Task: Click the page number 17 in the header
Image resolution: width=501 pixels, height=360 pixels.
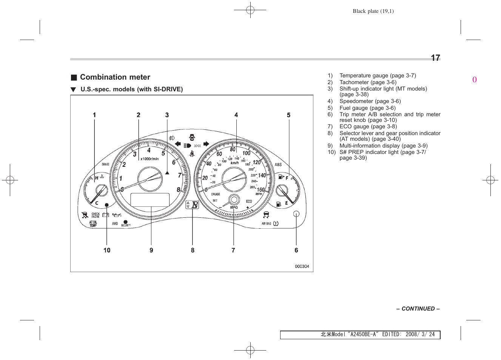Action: pos(435,58)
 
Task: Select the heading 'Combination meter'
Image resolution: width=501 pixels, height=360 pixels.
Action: pos(115,77)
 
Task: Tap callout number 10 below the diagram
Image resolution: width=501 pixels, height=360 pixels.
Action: pos(107,250)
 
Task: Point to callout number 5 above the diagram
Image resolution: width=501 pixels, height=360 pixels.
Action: pos(288,115)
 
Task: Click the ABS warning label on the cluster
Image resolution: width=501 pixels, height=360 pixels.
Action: pos(278,165)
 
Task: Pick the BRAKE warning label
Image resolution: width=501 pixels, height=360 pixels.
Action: pos(105,164)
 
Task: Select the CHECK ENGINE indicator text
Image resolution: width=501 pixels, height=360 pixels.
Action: pos(96,215)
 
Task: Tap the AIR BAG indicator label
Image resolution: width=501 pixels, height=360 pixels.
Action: pos(266,223)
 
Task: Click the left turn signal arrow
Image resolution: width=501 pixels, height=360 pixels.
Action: pos(178,144)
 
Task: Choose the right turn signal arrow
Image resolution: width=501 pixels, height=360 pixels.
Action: pos(206,144)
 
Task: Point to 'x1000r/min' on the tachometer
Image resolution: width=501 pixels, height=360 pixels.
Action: pos(150,159)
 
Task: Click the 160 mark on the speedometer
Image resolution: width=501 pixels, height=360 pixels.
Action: pos(261,189)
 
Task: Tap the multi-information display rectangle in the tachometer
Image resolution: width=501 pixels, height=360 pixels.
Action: pos(150,200)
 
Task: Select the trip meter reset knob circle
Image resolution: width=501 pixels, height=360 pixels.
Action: pos(296,214)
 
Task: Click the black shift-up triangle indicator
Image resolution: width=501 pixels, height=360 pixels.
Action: pos(167,173)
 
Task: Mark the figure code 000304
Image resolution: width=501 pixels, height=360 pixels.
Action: pos(302,266)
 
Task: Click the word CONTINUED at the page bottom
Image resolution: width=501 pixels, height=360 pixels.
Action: pos(418,309)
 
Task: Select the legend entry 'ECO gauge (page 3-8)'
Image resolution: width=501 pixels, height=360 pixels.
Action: pos(368,126)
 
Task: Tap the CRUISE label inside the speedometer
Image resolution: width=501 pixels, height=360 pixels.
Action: pos(216,194)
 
